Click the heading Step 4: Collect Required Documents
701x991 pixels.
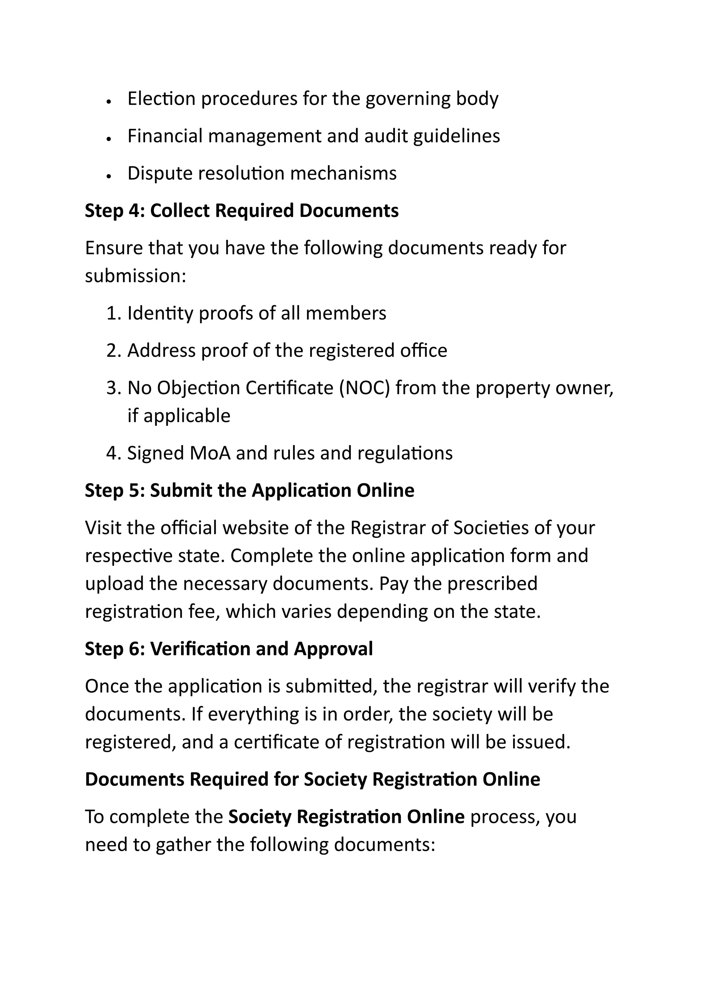pos(241,211)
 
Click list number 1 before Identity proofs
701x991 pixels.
pos(113,313)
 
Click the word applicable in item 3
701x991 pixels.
pos(187,416)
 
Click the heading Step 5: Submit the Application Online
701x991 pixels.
pos(249,491)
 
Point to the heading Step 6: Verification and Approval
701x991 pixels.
pos(228,649)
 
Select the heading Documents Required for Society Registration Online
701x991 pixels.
pos(312,780)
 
